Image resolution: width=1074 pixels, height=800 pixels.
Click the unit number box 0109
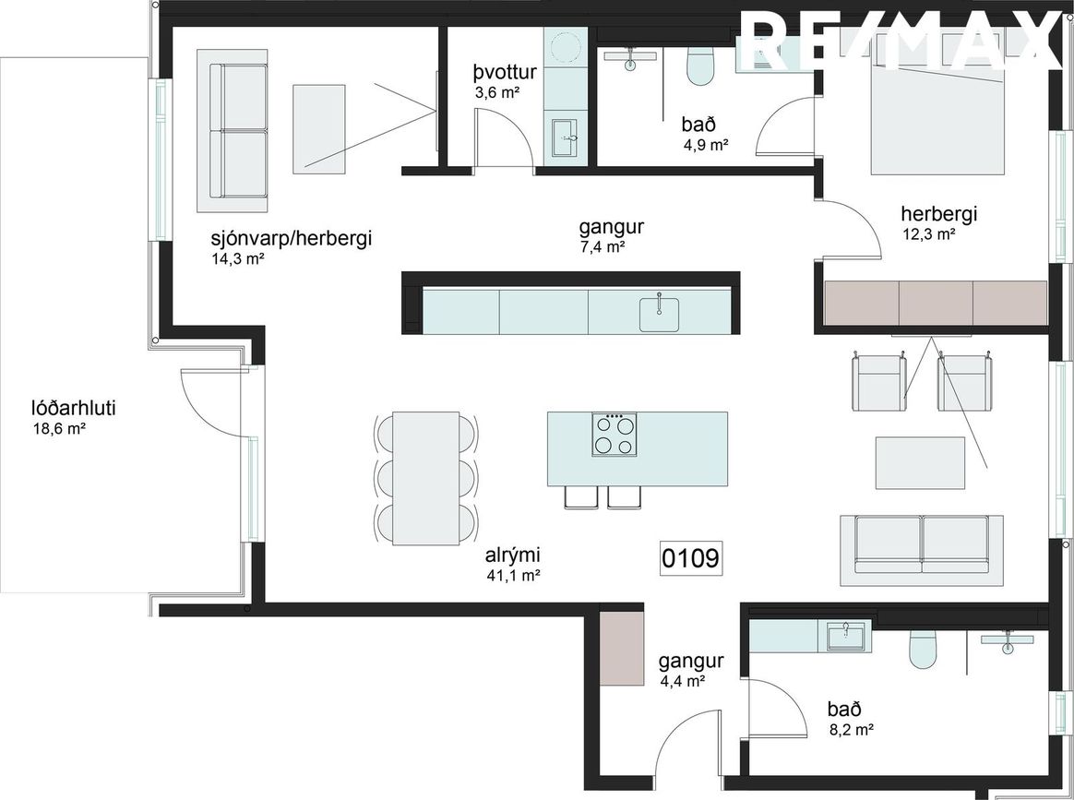(691, 558)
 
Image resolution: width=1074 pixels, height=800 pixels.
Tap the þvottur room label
(505, 73)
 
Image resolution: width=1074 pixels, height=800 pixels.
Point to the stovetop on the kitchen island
(615, 435)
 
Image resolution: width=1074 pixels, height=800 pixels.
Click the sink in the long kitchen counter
(659, 313)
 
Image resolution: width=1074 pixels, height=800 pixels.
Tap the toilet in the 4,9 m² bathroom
(700, 66)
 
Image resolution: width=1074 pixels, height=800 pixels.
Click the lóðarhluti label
(73, 410)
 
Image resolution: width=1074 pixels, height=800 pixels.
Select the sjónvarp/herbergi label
(291, 239)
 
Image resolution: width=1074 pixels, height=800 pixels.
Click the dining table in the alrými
(425, 478)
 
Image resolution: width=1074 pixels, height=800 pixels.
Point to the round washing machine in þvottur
(566, 48)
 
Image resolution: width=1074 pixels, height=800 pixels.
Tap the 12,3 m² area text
(929, 233)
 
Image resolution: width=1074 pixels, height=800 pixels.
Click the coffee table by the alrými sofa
(921, 463)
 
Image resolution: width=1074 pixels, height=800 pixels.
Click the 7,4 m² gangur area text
(603, 246)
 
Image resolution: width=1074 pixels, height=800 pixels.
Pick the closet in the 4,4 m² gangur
(621, 648)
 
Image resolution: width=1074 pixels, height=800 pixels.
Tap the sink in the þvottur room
(566, 139)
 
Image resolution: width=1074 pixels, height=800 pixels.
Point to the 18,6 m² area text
(59, 429)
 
